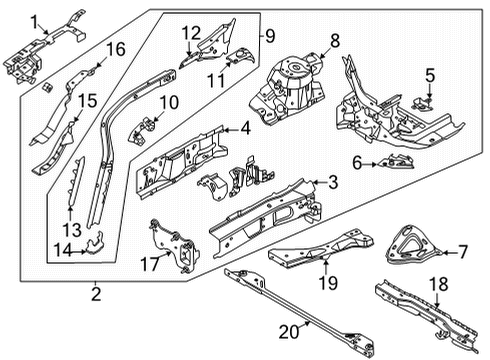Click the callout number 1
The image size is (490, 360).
34,20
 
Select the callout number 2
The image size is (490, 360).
96,293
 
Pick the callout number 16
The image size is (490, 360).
116,49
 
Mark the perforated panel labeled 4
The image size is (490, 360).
180,165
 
